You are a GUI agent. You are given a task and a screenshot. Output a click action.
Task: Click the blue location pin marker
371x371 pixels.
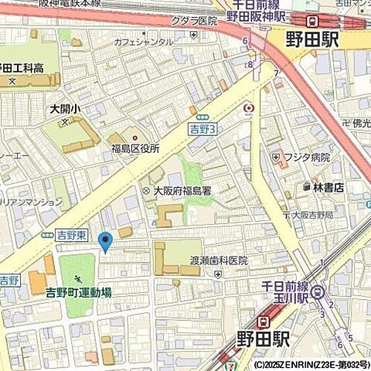click(106, 242)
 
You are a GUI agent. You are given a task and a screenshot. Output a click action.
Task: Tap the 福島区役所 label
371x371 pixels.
click(134, 148)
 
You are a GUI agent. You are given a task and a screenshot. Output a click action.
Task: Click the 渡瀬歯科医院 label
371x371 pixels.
click(220, 261)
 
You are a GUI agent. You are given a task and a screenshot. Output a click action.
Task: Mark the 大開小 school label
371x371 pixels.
click(65, 109)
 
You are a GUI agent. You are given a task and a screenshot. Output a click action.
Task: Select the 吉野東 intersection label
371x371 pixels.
click(73, 234)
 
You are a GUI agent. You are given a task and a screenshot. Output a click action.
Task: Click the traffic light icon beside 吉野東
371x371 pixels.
click(48, 234)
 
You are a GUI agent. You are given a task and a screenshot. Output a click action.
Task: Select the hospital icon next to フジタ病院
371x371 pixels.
click(276, 158)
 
